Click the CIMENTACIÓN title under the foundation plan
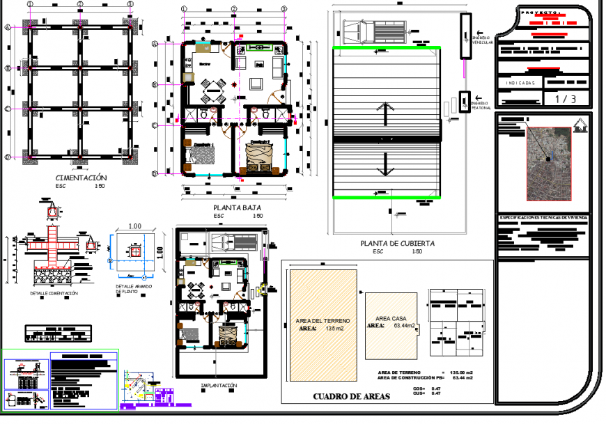point(81,178)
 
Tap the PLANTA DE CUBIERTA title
point(397,244)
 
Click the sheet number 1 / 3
point(565,99)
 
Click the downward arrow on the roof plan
point(384,165)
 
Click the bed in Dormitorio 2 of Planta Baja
point(259,157)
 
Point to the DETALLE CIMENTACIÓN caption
point(54,294)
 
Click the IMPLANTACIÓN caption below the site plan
point(219,385)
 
